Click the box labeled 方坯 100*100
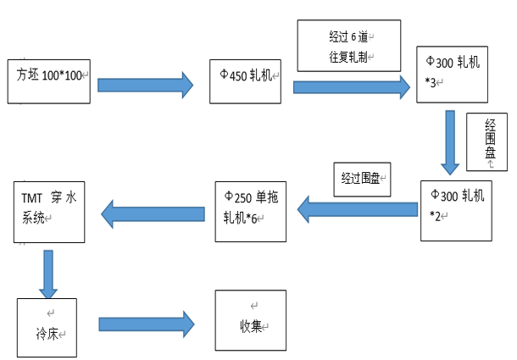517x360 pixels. tap(48, 80)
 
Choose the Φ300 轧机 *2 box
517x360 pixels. tap(456, 210)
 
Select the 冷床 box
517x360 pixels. tap(46, 326)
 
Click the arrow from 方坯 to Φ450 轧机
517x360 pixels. tap(144, 85)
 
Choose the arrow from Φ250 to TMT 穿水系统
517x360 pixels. tap(153, 211)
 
